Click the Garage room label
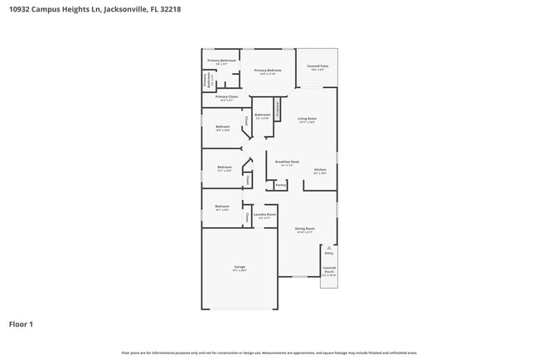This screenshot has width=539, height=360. [239, 268]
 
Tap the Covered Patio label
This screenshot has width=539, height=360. [318, 67]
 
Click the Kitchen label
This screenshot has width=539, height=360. [320, 171]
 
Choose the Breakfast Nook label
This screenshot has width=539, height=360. [287, 163]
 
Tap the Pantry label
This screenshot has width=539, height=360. [280, 185]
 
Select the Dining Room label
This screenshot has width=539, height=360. [304, 230]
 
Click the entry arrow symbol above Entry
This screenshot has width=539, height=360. [329, 247]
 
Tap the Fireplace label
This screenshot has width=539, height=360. [277, 108]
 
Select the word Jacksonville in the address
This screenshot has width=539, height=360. [133, 10]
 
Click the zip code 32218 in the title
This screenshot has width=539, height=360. [170, 10]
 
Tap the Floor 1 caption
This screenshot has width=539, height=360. [21, 324]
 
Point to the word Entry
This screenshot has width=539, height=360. [329, 254]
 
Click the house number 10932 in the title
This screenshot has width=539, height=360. [20, 10]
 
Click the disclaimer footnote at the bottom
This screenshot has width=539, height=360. [269, 353]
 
